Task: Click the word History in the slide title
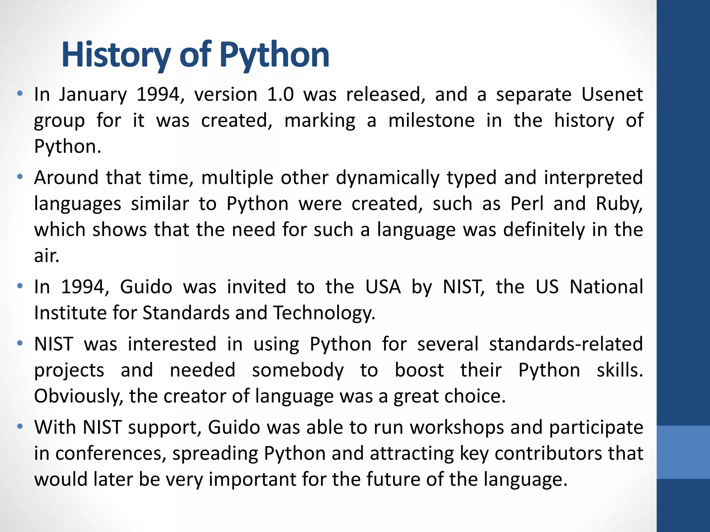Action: click(116, 55)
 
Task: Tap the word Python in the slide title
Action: click(274, 55)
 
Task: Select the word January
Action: click(93, 95)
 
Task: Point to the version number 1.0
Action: click(280, 94)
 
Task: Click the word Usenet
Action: click(612, 94)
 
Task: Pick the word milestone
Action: click(431, 121)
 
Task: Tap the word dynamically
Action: click(387, 178)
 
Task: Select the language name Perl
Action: click(527, 204)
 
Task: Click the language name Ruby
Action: click(619, 204)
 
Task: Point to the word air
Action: click(46, 256)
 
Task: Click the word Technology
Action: click(324, 313)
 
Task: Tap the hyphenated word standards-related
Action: click(566, 344)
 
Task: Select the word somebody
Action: click(298, 370)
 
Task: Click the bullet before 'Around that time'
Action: click(20, 177)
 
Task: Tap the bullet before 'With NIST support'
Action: click(20, 427)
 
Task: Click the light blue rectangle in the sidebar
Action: click(683, 452)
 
